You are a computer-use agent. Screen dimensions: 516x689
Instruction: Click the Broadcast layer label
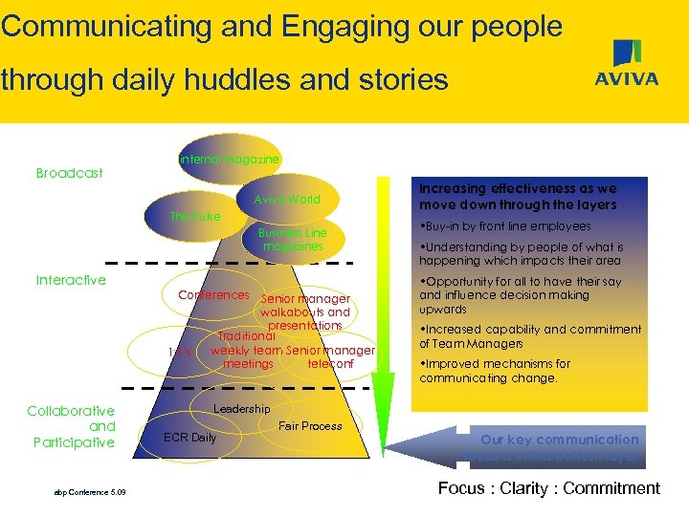tap(69, 173)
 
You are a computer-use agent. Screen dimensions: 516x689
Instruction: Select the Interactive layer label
tap(71, 280)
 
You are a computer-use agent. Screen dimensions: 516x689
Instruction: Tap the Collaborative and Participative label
tap(71, 426)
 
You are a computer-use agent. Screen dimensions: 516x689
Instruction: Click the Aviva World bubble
tap(287, 200)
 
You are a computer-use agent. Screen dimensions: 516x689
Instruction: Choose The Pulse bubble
tap(195, 217)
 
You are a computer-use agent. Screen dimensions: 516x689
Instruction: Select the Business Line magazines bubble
tap(293, 240)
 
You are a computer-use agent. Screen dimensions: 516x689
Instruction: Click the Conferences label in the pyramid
tap(213, 294)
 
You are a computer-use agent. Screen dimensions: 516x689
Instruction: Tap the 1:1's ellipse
tap(179, 353)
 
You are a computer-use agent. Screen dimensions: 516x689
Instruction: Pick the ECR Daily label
tap(189, 438)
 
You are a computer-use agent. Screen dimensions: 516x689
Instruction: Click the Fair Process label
tap(309, 426)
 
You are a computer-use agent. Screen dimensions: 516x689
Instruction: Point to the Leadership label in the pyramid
tap(241, 409)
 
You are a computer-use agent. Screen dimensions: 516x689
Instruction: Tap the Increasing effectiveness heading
tap(518, 197)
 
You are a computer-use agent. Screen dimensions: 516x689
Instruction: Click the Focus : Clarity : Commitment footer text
tap(548, 488)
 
